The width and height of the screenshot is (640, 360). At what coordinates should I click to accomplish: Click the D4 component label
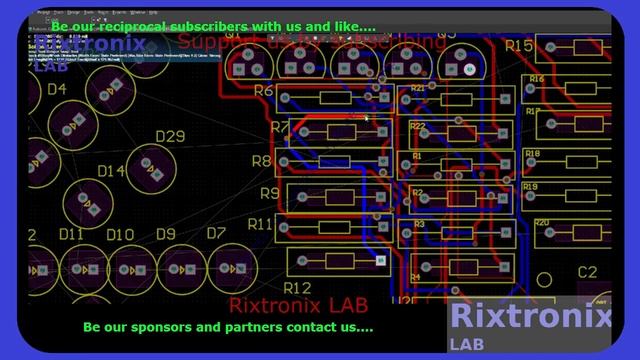pyautogui.click(x=56, y=89)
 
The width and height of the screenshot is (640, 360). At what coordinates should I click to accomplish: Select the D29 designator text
pyautogui.click(x=170, y=137)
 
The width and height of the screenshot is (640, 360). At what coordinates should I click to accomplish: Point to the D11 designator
pyautogui.click(x=70, y=234)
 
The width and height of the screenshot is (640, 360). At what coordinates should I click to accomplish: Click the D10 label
pyautogui.click(x=120, y=234)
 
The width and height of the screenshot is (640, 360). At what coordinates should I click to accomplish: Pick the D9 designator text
pyautogui.click(x=165, y=234)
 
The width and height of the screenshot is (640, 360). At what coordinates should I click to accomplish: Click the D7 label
pyautogui.click(x=216, y=233)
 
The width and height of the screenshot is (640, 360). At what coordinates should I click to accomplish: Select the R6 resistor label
pyautogui.click(x=264, y=91)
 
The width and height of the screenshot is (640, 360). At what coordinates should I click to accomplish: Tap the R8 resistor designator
pyautogui.click(x=261, y=160)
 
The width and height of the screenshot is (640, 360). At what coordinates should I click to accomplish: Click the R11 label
pyautogui.click(x=260, y=223)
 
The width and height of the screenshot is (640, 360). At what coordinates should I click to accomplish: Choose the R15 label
pyautogui.click(x=519, y=46)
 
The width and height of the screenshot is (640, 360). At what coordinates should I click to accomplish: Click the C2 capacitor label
pyautogui.click(x=587, y=272)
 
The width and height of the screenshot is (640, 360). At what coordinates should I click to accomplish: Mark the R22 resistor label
pyautogui.click(x=418, y=127)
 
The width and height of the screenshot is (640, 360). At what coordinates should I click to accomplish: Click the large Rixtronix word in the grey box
pyautogui.click(x=530, y=316)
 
